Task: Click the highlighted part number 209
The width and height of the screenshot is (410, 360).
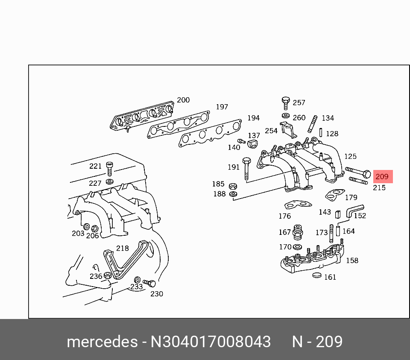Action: point(382,176)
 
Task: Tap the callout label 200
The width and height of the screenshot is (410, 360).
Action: point(183,100)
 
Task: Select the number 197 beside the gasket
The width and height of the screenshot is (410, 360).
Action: point(222,107)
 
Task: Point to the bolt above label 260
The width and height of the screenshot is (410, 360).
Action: point(286,103)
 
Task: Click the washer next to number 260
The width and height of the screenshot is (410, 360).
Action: point(286,116)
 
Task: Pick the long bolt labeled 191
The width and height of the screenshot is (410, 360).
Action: point(246,169)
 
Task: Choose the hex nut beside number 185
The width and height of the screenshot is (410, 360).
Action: point(233,186)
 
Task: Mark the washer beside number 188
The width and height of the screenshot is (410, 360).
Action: point(233,194)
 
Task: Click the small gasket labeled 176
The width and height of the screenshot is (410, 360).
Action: point(298,205)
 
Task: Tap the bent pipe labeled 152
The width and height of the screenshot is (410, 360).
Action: point(353,211)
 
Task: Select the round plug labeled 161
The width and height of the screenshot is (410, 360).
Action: point(317,275)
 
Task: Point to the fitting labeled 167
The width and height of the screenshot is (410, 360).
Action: point(297,233)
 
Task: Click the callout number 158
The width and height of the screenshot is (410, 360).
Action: point(352,260)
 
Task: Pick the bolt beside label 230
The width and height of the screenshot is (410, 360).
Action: point(149,283)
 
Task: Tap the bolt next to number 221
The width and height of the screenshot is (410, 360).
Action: point(109,169)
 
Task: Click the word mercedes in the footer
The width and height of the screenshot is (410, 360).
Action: point(102,342)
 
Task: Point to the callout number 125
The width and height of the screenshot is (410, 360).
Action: point(350,156)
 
